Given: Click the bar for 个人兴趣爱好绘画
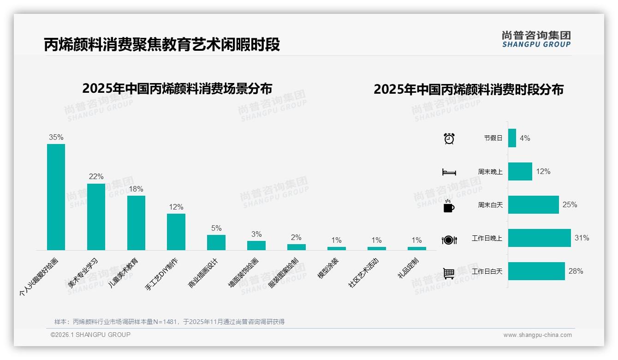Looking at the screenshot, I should (x=56, y=197).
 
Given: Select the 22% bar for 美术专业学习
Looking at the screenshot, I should (x=96, y=217).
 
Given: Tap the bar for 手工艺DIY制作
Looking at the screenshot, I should (x=176, y=232).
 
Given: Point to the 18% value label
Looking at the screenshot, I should (x=136, y=189).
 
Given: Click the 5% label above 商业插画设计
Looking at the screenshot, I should (x=216, y=228).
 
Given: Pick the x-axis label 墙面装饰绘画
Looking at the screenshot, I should (x=244, y=273).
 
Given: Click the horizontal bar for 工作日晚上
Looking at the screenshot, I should (x=539, y=238).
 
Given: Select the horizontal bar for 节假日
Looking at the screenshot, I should (x=512, y=138).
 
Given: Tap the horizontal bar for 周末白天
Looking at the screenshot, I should (x=533, y=204).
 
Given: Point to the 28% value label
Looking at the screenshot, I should (x=576, y=271).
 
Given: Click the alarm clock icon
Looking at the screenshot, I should (x=449, y=138).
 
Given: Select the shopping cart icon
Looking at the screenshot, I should (x=449, y=273).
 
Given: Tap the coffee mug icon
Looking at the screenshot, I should (x=449, y=206).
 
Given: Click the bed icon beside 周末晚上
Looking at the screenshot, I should (x=449, y=172).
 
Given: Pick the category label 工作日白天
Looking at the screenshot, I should (x=487, y=271).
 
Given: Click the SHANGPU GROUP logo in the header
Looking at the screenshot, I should (x=536, y=39).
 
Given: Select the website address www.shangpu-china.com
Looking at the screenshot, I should (x=537, y=335).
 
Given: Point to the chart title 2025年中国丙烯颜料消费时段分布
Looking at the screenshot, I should (x=469, y=90).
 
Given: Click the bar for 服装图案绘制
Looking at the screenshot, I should (x=297, y=247).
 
